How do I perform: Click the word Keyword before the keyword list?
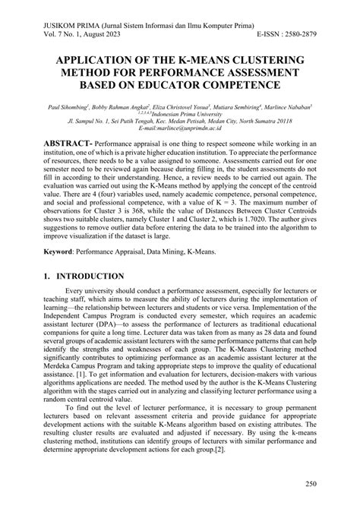62,250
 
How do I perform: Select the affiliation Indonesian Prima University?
187,115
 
